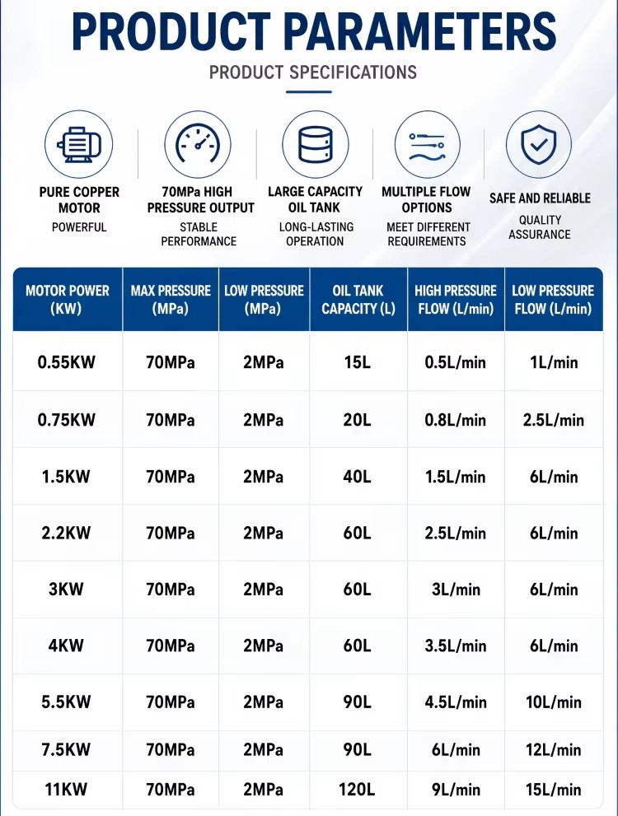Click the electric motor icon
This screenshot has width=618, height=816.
point(78,145)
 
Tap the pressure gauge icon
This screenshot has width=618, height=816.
point(197,144)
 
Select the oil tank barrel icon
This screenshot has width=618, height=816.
point(315,144)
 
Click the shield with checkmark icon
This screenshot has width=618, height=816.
point(538,144)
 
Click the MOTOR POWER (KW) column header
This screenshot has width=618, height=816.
point(68,299)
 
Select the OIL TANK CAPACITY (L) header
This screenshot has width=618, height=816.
point(358,299)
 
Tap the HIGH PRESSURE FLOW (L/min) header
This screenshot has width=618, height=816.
point(456,299)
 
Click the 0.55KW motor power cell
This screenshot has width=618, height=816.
point(66,362)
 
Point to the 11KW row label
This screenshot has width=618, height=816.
point(66,789)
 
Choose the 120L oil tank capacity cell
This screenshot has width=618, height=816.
point(357,789)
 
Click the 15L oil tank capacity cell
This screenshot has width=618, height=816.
point(357,362)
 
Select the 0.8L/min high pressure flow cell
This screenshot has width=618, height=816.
point(456,420)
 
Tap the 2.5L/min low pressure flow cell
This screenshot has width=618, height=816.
point(554,420)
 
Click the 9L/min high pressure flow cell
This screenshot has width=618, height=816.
point(456,789)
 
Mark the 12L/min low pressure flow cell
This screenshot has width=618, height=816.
point(554,749)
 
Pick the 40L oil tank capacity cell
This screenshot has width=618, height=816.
point(357,477)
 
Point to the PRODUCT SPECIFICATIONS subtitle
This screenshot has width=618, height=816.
point(313,72)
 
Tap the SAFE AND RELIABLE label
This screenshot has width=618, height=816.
point(540,198)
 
